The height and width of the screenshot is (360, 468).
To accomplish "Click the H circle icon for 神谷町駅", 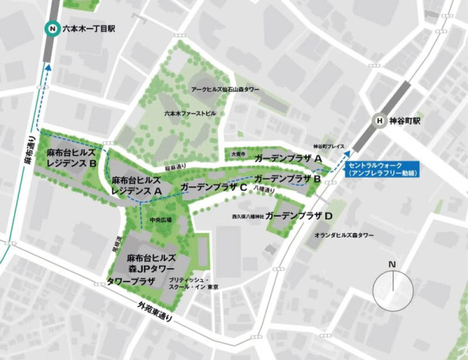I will click(x=380, y=121).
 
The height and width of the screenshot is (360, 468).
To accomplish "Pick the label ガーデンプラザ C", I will click(x=214, y=188).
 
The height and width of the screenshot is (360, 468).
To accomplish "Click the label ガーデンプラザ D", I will click(x=300, y=214).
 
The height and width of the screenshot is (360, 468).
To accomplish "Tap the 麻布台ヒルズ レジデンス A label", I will click(x=136, y=184).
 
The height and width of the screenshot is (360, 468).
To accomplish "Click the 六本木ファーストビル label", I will click(x=190, y=113).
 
